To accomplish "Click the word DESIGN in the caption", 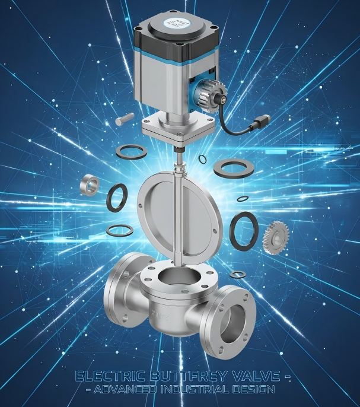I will [x=257, y=390].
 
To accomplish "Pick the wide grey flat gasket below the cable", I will [x=234, y=167].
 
